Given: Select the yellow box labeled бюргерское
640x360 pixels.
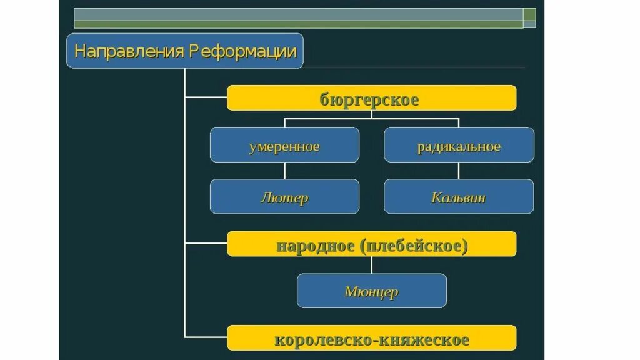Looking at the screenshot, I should (371, 98).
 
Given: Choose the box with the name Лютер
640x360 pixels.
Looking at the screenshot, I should (284, 197).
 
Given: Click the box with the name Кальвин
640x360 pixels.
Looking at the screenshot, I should (459, 197).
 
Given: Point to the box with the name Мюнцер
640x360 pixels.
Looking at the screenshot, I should (371, 291).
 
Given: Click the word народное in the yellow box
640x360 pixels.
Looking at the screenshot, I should (315, 244).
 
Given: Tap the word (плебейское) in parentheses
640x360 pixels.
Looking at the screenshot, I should (413, 244).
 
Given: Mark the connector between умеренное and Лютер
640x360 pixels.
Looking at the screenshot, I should (284, 171).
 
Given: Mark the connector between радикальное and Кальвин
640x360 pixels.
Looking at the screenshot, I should (459, 171).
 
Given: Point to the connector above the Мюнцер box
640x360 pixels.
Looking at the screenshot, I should (372, 265).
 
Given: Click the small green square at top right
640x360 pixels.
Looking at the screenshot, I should (529, 14).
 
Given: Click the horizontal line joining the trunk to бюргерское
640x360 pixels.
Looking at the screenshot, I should (206, 97).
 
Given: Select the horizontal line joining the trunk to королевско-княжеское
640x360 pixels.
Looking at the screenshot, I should (206, 337).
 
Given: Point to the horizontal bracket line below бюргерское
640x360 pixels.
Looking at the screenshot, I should (371, 118).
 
